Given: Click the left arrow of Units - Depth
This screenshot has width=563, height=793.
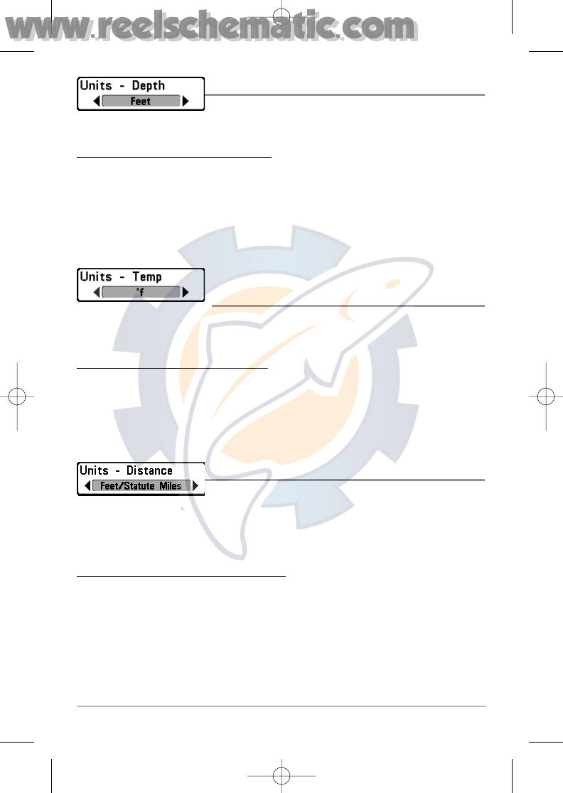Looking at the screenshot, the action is click(97, 102).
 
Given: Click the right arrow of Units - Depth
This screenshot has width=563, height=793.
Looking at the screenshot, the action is click(186, 102).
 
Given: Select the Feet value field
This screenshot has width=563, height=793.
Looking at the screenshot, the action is click(141, 102).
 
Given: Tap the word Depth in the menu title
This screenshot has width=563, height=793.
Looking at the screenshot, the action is click(149, 86).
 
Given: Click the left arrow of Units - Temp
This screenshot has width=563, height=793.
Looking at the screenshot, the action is click(97, 292).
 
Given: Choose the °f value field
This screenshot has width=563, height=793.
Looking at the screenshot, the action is click(141, 292).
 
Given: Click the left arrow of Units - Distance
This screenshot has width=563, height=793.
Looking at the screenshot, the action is click(87, 486).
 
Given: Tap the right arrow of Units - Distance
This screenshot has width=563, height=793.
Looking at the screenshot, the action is click(195, 486).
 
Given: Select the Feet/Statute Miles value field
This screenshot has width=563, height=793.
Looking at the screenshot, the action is click(141, 486).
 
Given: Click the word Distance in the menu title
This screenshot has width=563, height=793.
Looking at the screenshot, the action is click(149, 470).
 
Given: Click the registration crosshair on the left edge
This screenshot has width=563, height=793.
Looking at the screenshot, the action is click(18, 396).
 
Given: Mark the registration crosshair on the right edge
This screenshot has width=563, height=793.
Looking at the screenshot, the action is click(545, 396).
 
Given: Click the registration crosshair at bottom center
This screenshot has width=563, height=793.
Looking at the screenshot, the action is click(282, 776).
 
